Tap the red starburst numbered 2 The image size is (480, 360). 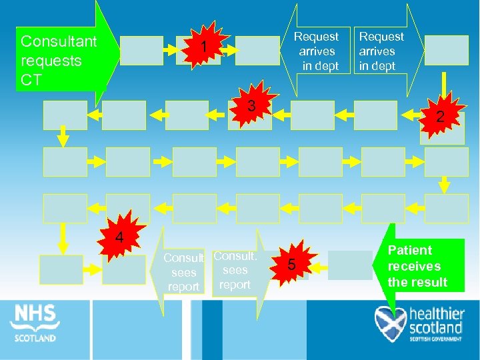pos(439,116)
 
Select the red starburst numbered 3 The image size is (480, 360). pos(251,106)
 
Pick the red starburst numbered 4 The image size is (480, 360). pos(119,237)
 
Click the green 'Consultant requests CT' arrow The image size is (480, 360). pos(61,60)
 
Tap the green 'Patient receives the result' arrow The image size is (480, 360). pos(419,266)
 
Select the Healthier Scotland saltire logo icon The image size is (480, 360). pos(389,323)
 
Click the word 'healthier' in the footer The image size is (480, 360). pos(436,314)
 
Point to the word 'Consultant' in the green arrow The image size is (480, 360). pos(59,41)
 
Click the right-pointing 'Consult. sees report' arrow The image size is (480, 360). pos(234,270)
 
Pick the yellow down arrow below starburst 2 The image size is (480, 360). pos(443,181)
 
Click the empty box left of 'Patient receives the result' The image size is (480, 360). pos(351,265)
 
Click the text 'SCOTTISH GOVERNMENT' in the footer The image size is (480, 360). pos(437,339)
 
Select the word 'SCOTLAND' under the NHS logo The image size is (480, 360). pos(35,337)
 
